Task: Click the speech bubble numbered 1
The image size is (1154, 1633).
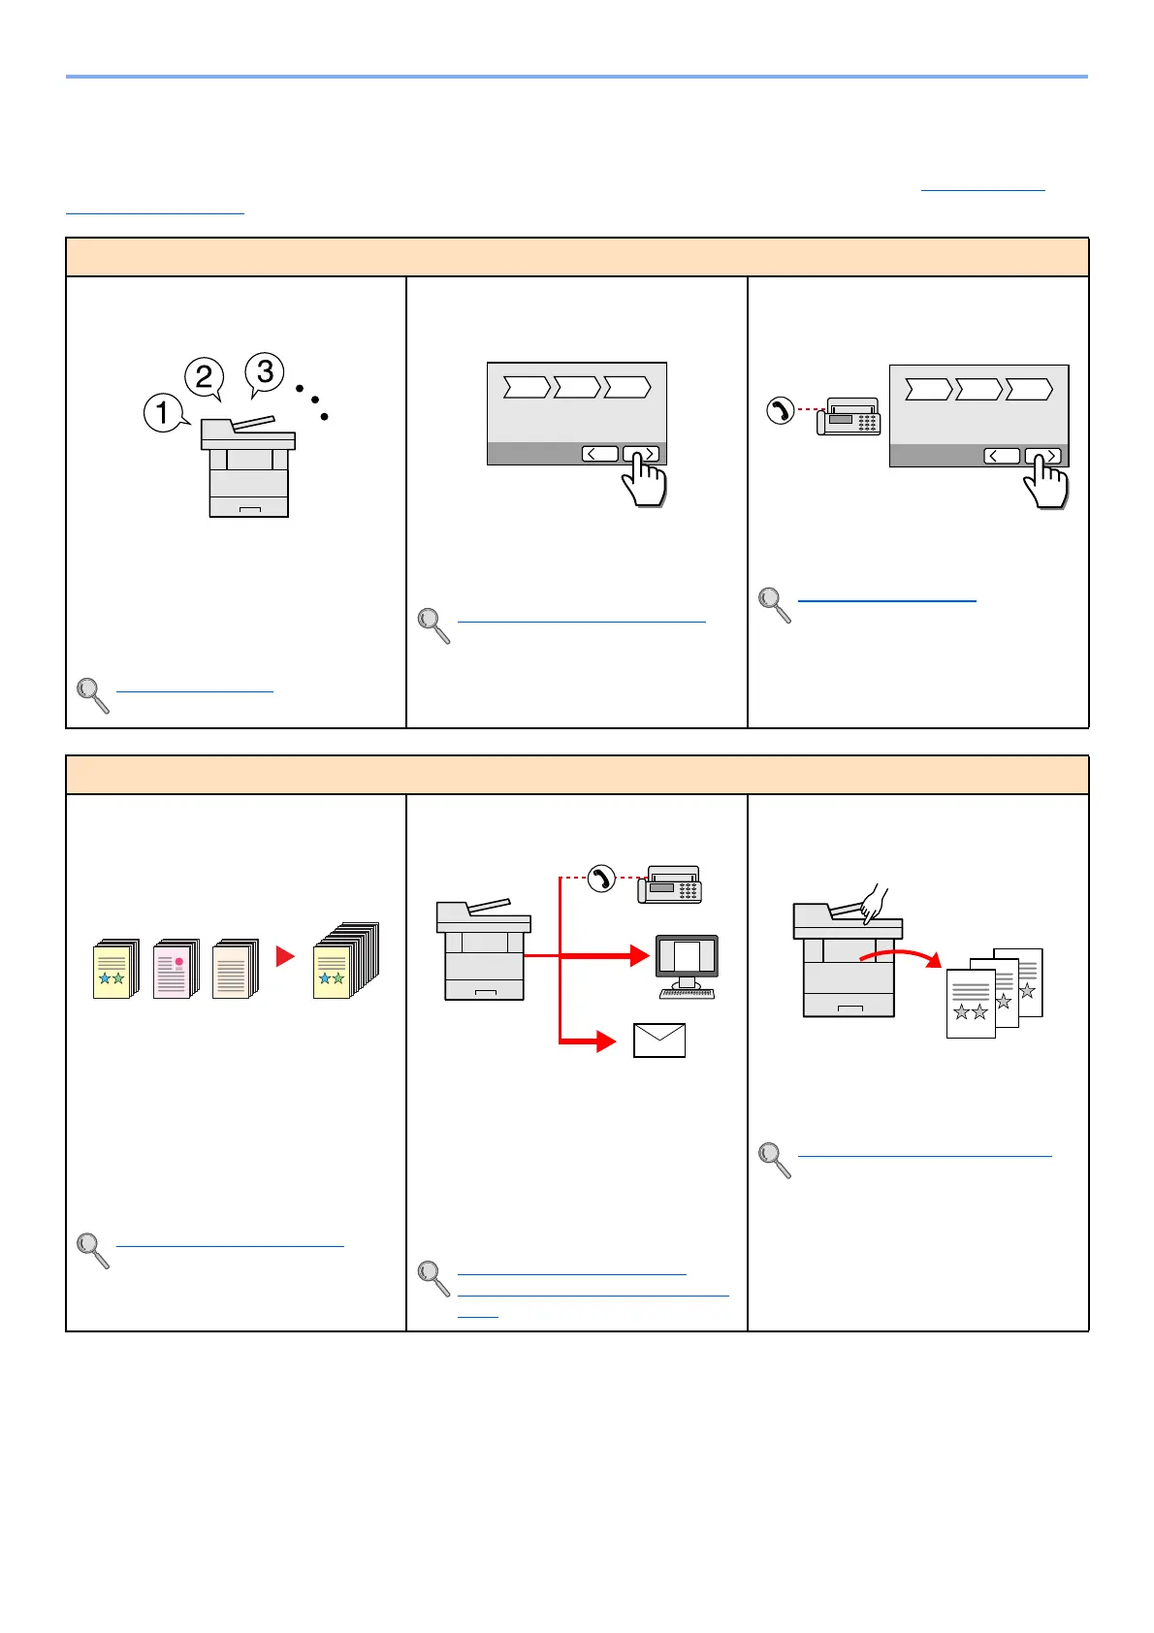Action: pos(163,412)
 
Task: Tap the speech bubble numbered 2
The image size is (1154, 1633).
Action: pos(205,376)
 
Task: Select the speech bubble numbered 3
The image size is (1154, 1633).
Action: pos(265,371)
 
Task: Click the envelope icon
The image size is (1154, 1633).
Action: pos(659,1040)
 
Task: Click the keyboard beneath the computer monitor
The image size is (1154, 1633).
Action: pos(688,993)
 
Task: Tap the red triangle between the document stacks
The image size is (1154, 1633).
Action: pos(285,957)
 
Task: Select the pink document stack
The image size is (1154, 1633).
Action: pos(175,968)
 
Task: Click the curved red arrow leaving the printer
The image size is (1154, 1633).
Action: pos(900,955)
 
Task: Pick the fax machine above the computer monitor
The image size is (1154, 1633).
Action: pos(669,884)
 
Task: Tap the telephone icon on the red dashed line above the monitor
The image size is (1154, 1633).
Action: pos(602,879)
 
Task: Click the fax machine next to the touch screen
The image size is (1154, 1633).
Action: pos(849,417)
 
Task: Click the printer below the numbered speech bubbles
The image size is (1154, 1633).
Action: pos(248,467)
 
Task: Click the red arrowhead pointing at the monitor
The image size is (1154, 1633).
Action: pos(638,956)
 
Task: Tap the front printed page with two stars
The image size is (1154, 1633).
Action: pos(971,1003)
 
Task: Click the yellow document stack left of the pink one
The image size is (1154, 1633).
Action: pos(114,968)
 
